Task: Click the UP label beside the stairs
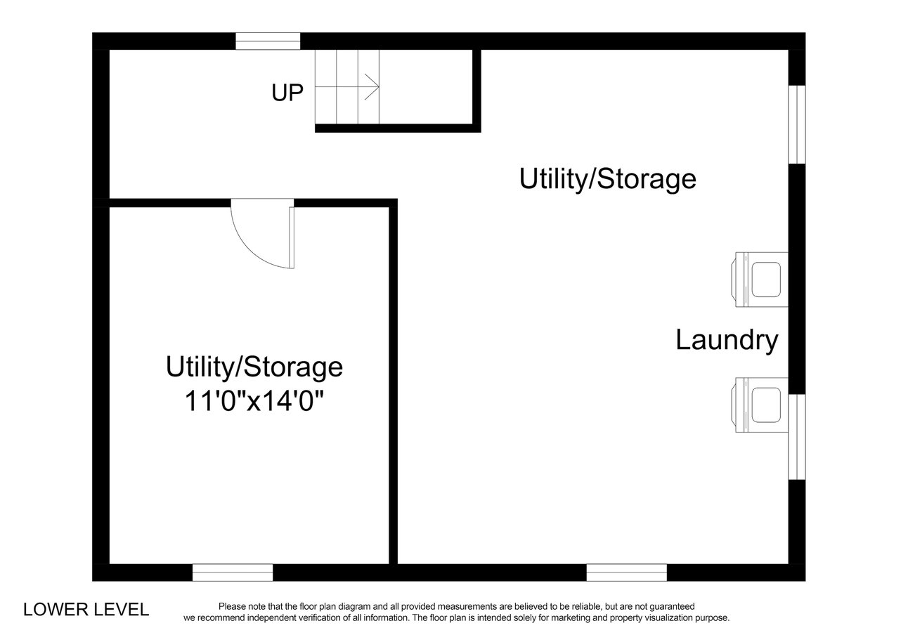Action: tap(287, 93)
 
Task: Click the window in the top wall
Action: tap(268, 41)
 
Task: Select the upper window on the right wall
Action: tap(796, 124)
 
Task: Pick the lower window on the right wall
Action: tap(796, 437)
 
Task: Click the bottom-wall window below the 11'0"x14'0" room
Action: tap(233, 572)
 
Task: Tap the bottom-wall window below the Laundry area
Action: tap(627, 572)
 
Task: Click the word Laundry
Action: tap(727, 341)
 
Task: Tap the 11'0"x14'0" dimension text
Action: tap(254, 400)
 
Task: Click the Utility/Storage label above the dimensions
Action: tap(254, 367)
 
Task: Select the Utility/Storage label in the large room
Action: tap(608, 179)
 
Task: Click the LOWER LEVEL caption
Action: tap(86, 610)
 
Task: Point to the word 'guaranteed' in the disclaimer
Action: tap(672, 606)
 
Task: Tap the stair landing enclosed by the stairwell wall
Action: tap(426, 86)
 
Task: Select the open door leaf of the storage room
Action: tap(292, 237)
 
